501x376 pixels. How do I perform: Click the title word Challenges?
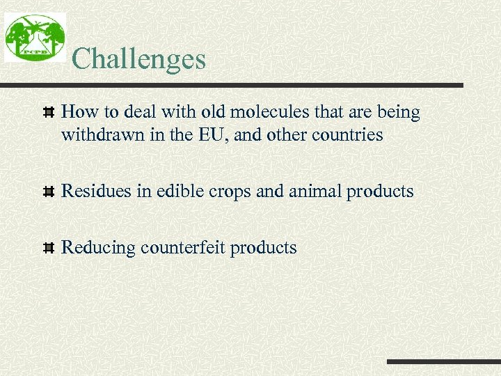pos(138,58)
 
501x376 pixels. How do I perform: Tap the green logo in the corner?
pos(35,38)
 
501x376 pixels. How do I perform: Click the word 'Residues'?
pos(97,191)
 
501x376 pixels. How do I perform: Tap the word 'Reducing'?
pos(98,248)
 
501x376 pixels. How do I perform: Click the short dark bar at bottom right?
pos(443,362)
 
